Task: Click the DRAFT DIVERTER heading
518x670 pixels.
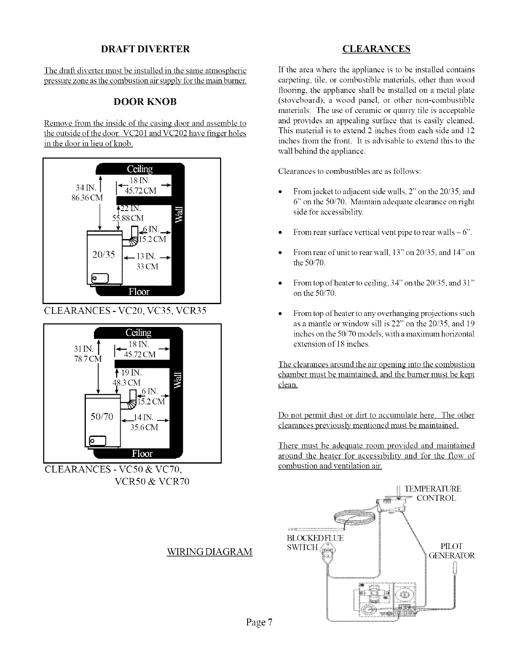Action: (x=145, y=49)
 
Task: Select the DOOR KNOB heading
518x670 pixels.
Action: (x=145, y=102)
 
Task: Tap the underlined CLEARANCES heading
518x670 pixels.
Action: (x=376, y=49)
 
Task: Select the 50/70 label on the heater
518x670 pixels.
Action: (x=102, y=417)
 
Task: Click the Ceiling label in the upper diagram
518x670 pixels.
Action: (x=140, y=169)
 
